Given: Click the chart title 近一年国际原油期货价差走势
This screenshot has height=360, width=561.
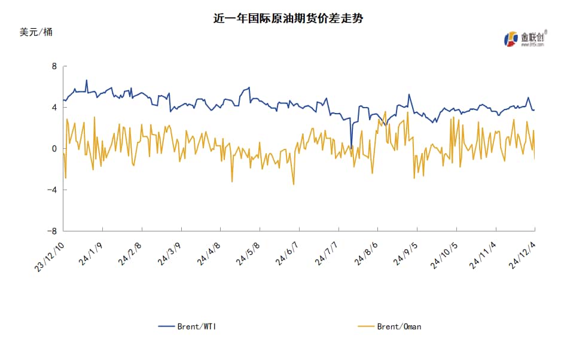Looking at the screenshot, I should click(x=288, y=19).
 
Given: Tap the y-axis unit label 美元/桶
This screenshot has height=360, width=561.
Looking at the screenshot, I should click(x=36, y=32).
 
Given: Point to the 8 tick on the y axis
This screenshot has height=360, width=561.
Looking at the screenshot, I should click(x=54, y=66).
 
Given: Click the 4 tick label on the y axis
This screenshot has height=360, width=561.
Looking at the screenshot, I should click(x=54, y=108).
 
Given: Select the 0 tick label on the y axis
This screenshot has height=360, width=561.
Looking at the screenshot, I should click(x=54, y=149).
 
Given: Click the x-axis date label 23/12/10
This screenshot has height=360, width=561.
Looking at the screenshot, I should click(x=50, y=257).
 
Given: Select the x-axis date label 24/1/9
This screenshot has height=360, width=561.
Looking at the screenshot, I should click(x=92, y=255).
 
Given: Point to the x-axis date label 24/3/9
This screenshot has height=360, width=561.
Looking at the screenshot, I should click(x=170, y=255).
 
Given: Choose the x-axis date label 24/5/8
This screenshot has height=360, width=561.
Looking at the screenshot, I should click(x=249, y=255).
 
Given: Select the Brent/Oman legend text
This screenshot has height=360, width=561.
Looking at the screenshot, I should click(x=398, y=327).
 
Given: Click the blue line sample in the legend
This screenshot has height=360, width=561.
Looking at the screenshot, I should click(x=166, y=327).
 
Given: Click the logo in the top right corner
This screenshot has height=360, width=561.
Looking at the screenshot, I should click(x=525, y=38).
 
